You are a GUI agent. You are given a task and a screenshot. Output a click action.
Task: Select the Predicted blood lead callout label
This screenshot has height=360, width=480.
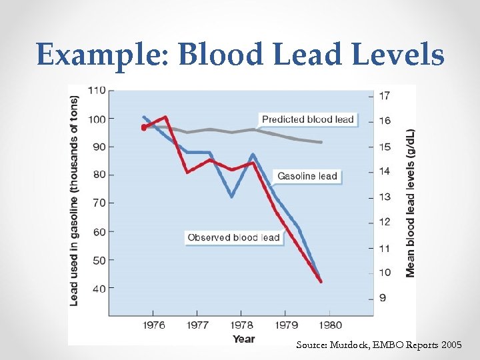click(307, 119)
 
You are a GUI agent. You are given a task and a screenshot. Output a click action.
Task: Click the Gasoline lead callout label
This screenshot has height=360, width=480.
click(307, 177)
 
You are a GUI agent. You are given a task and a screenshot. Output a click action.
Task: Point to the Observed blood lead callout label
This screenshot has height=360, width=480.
click(233, 237)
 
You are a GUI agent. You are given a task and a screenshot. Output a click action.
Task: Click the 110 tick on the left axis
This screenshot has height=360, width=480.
click(97, 89)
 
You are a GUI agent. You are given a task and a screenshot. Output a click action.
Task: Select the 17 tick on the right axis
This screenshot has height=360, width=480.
click(384, 95)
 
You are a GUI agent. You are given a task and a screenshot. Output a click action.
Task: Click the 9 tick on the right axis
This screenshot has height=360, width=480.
click(381, 297)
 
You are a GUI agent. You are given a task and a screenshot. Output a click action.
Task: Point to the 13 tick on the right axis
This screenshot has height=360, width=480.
click(384, 197)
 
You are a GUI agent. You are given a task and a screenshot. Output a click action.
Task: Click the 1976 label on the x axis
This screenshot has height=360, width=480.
click(154, 325)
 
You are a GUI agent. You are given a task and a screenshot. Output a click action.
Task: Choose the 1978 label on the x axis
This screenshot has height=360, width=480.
click(242, 325)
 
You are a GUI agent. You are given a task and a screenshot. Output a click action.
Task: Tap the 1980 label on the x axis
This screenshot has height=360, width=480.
click(329, 325)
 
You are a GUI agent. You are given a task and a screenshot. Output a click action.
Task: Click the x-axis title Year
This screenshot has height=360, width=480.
click(243, 339)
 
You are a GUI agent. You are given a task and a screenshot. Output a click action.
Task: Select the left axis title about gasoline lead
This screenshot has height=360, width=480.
click(75, 197)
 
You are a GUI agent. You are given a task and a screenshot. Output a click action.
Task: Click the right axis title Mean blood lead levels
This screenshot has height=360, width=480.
click(410, 203)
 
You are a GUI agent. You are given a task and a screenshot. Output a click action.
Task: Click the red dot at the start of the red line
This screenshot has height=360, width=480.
click(144, 127)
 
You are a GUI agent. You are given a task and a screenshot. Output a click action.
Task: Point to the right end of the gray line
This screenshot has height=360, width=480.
click(322, 142)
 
